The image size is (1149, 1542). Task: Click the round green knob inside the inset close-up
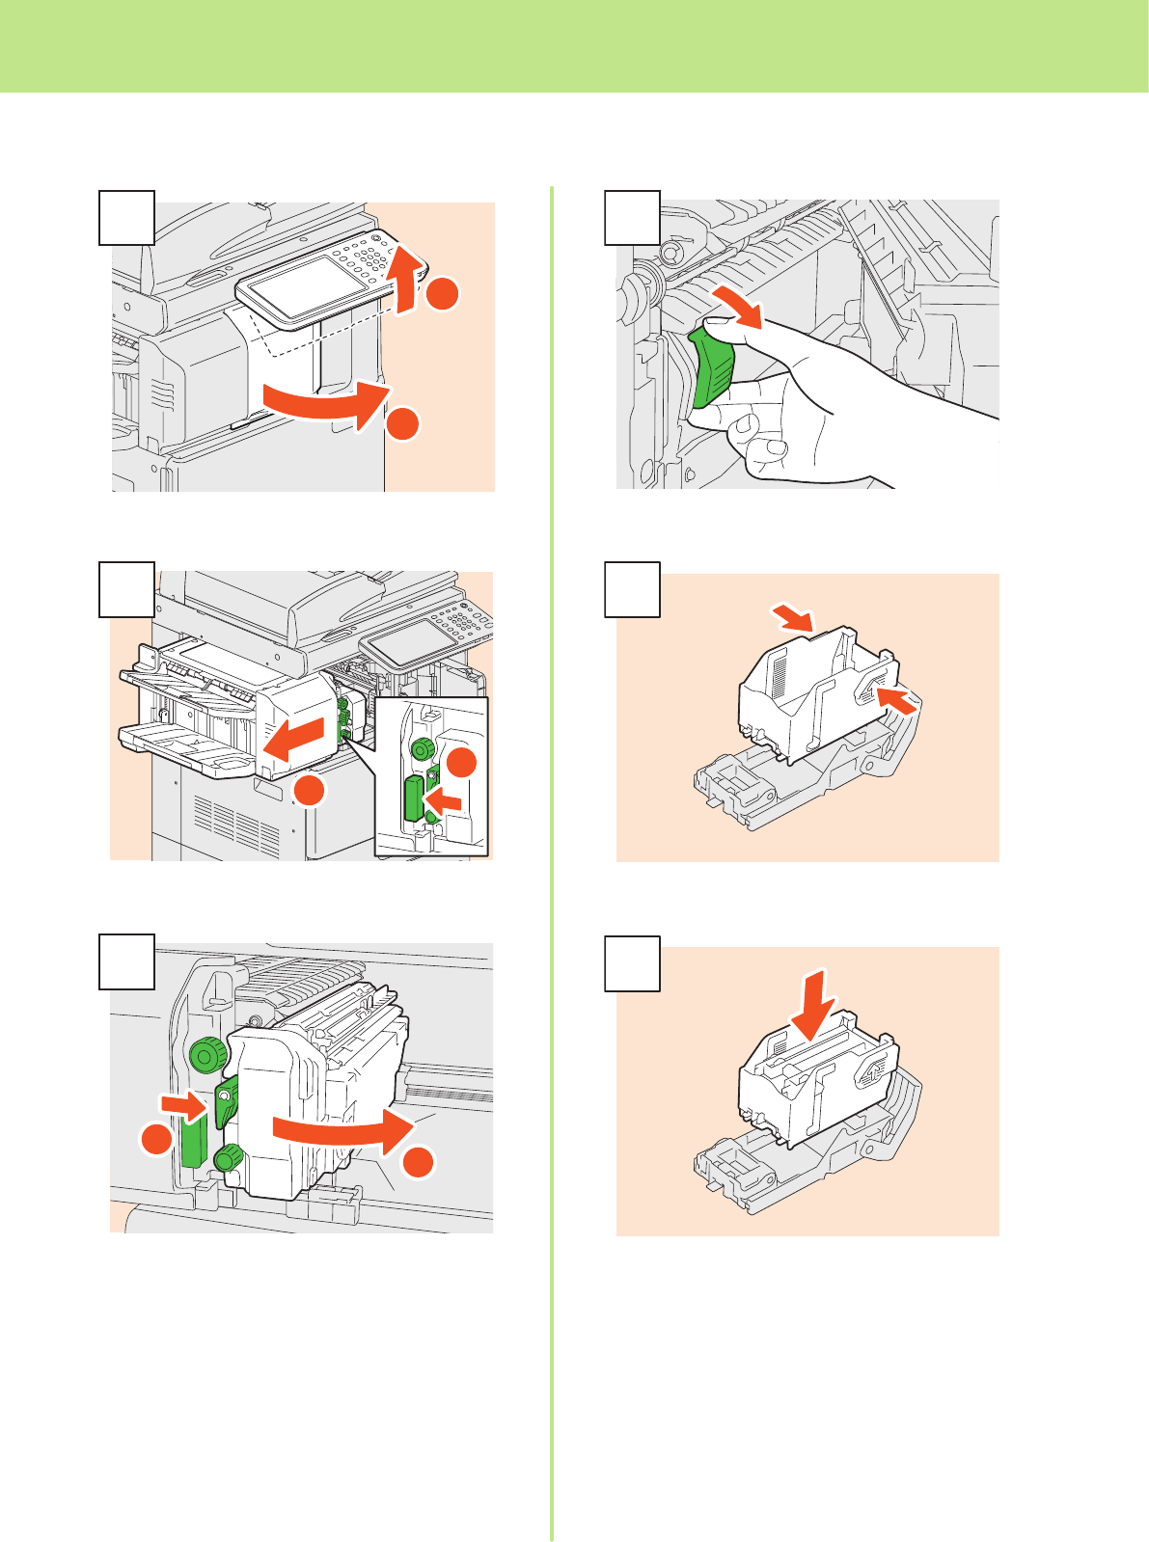pyautogui.click(x=423, y=749)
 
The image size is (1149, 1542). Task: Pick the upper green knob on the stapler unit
pyautogui.click(x=205, y=1054)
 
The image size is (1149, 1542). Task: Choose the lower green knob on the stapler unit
pyautogui.click(x=229, y=1156)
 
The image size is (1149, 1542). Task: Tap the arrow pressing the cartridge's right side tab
pyautogui.click(x=897, y=699)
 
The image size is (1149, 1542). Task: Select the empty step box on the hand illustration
pyautogui.click(x=633, y=217)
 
